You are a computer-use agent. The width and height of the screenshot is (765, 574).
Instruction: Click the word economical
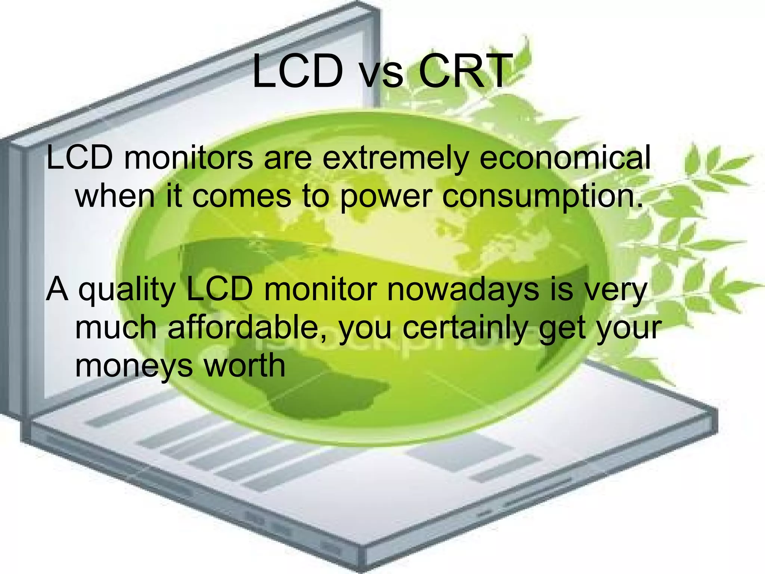[x=565, y=157]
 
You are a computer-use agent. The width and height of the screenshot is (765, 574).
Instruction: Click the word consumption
[x=543, y=197]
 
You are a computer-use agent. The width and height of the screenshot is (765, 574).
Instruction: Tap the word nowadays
[x=463, y=289]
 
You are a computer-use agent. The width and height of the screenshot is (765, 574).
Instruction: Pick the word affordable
[x=247, y=327]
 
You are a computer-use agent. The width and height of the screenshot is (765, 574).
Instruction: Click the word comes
[x=241, y=197]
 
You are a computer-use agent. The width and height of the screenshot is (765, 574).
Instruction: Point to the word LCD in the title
[x=297, y=70]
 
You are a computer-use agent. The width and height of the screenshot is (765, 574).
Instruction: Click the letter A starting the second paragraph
[x=57, y=289]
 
